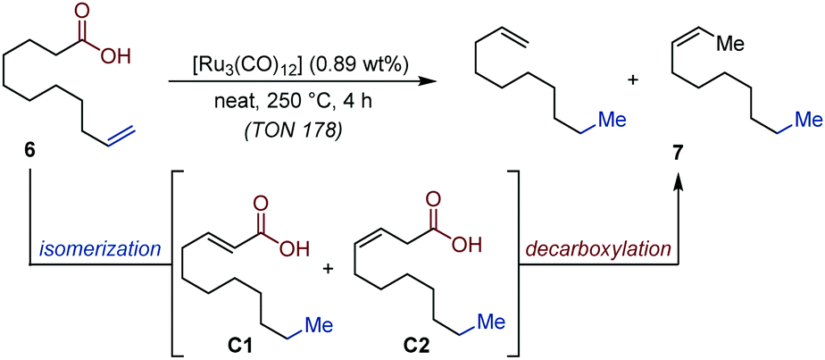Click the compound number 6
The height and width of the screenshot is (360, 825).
pos(30,151)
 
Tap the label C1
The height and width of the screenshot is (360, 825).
pos(221,342)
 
